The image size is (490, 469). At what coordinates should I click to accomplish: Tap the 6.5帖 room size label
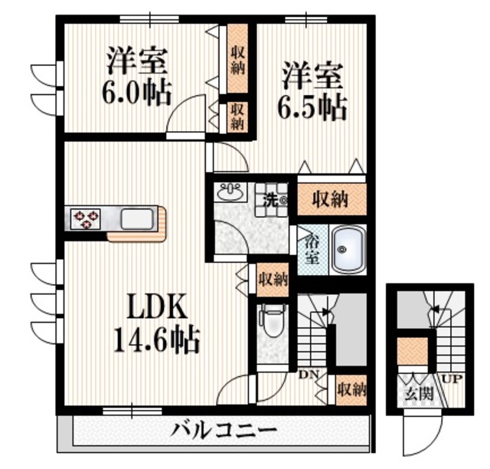(x=312, y=107)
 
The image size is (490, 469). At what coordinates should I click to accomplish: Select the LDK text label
(x=157, y=307)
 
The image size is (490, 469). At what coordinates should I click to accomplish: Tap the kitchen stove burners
(x=86, y=219)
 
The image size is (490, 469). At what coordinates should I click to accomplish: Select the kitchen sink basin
(x=137, y=220)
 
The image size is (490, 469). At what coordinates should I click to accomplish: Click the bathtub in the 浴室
(x=348, y=249)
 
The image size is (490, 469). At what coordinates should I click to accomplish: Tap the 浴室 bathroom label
(x=312, y=249)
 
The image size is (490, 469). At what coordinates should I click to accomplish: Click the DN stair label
(x=308, y=374)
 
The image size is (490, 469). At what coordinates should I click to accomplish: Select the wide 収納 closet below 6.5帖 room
(x=330, y=200)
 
